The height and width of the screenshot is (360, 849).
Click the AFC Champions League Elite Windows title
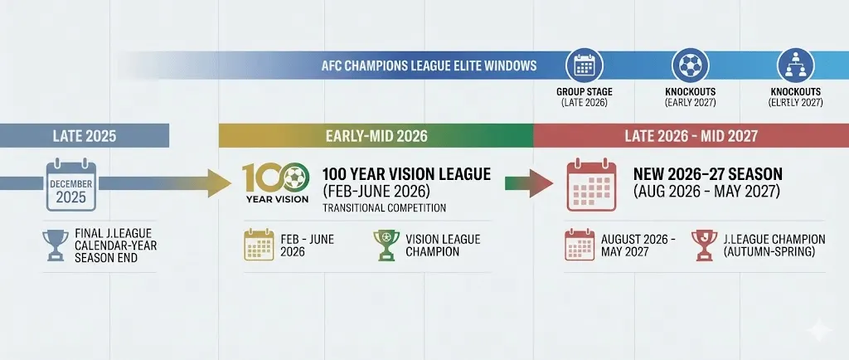[x=429, y=66]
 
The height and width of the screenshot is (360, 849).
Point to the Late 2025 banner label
[x=83, y=136]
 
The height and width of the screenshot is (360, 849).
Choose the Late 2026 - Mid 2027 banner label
[x=691, y=136]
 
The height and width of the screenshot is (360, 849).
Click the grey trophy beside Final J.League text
[x=56, y=244]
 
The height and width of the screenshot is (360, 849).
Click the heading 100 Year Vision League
[x=405, y=175]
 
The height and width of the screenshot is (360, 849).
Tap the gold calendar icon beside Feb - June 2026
[x=259, y=245]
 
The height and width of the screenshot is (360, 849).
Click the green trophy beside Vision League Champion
[x=386, y=245]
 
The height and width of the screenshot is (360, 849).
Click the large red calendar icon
[x=590, y=184]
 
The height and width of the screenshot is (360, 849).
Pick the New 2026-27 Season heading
[x=707, y=175]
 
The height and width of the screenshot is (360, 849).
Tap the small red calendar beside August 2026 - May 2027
[x=580, y=246]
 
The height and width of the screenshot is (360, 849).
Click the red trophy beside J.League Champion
[x=703, y=246]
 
